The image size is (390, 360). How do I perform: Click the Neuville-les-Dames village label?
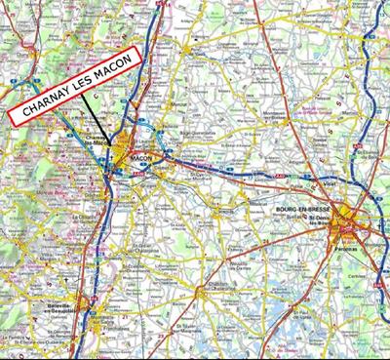240,244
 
